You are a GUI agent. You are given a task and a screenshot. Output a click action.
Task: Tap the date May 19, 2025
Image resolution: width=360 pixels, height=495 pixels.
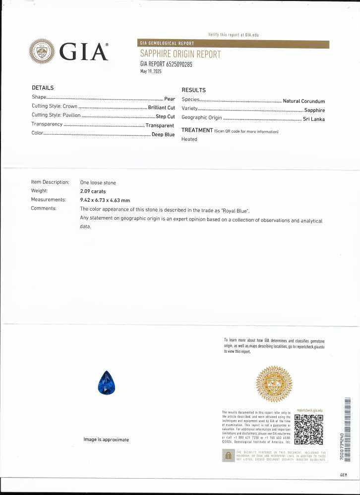pyautogui.click(x=151, y=71)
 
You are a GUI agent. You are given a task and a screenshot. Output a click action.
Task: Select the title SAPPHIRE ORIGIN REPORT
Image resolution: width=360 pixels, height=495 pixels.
pyautogui.click(x=180, y=54)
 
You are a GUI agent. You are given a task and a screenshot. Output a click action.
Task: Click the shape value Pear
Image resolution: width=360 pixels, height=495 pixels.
pyautogui.click(x=170, y=99)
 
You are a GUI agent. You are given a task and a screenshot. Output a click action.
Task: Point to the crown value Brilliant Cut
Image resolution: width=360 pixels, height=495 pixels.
pyautogui.click(x=161, y=107)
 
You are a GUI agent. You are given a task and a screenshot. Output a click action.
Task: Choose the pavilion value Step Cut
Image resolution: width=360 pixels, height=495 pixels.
pyautogui.click(x=165, y=116)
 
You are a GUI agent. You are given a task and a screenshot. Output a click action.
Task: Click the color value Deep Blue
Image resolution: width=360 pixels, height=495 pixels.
pyautogui.click(x=163, y=134)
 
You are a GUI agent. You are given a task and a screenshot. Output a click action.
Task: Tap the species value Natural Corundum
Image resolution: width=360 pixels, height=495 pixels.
pyautogui.click(x=303, y=101)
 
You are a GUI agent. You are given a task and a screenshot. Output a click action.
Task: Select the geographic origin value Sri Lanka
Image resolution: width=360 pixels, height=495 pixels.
pyautogui.click(x=313, y=118)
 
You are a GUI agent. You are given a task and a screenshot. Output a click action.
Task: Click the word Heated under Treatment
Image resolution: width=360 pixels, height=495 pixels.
pyautogui.click(x=189, y=139)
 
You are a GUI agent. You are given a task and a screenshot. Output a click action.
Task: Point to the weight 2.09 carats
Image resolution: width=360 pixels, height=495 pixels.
pyautogui.click(x=93, y=191)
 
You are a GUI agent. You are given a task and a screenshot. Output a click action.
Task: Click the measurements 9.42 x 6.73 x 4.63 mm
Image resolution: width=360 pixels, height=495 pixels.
pyautogui.click(x=105, y=200)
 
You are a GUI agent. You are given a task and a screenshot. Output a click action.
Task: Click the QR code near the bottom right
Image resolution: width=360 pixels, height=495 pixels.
pyautogui.click(x=309, y=429)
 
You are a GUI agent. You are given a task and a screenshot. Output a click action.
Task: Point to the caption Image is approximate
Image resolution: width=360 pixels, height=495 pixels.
pyautogui.click(x=106, y=440)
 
